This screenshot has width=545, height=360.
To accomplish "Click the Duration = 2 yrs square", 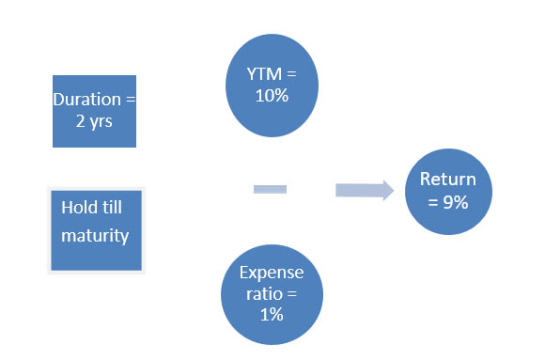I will click(x=94, y=111).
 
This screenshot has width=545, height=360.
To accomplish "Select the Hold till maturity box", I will click(x=95, y=230).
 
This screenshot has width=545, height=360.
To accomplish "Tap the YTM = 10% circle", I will click(x=271, y=85).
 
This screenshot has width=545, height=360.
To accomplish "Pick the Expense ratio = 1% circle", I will click(x=271, y=292).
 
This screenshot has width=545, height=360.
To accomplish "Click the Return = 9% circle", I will click(x=448, y=191).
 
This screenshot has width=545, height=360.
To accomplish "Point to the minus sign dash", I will click(x=270, y=190).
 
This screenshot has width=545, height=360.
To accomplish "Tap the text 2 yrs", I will click(x=93, y=121).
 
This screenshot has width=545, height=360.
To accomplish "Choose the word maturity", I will click(x=95, y=235).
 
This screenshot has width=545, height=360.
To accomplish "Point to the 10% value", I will click(x=271, y=96).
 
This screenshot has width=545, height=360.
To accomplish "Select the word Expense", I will click(x=271, y=273).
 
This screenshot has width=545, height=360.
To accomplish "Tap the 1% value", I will click(x=272, y=315).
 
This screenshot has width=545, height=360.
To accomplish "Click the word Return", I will click(x=448, y=180).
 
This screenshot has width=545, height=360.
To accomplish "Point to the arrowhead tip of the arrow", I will click(x=392, y=191).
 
